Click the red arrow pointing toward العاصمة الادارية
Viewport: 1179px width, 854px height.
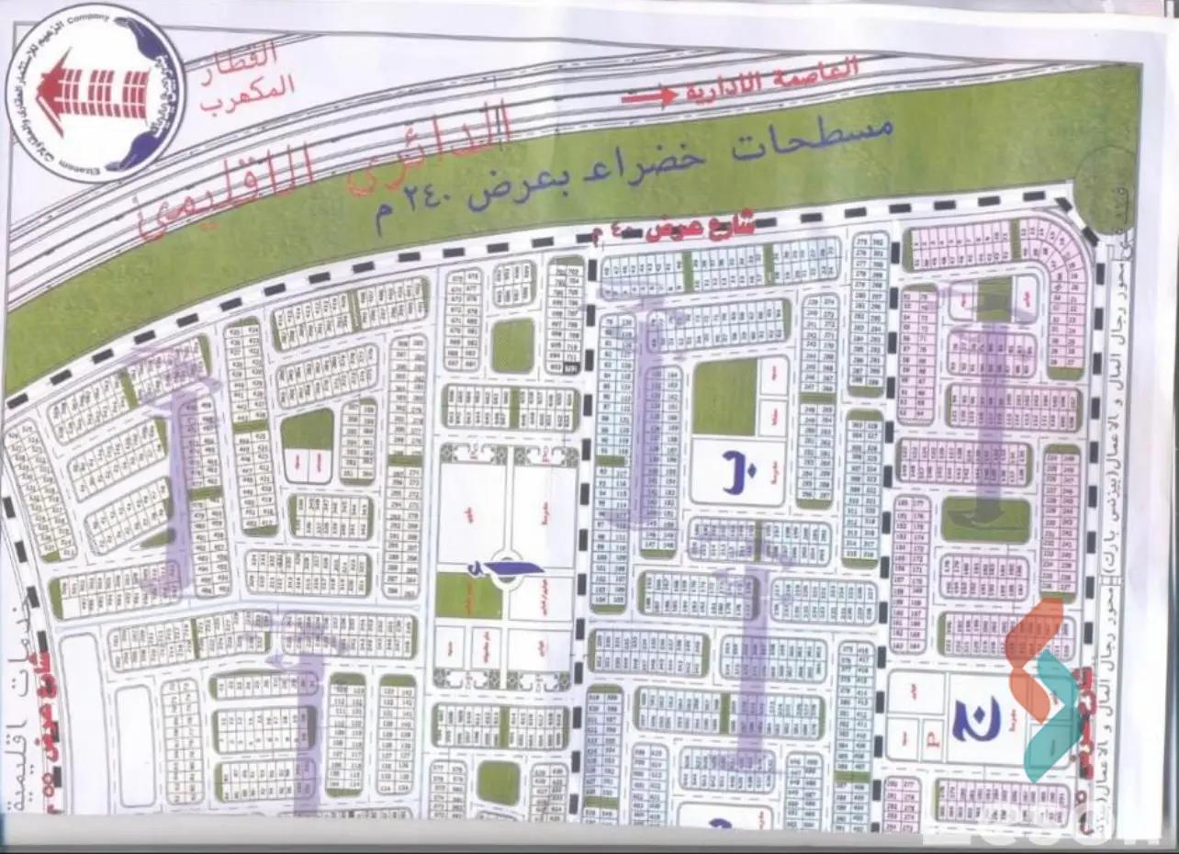coord(650,95)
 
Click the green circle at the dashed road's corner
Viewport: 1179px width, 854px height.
coord(1106,187)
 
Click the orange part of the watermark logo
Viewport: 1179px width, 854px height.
coord(1034,652)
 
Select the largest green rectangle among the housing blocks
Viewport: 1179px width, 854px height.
coord(724,397)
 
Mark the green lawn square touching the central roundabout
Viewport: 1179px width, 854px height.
coord(468,595)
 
